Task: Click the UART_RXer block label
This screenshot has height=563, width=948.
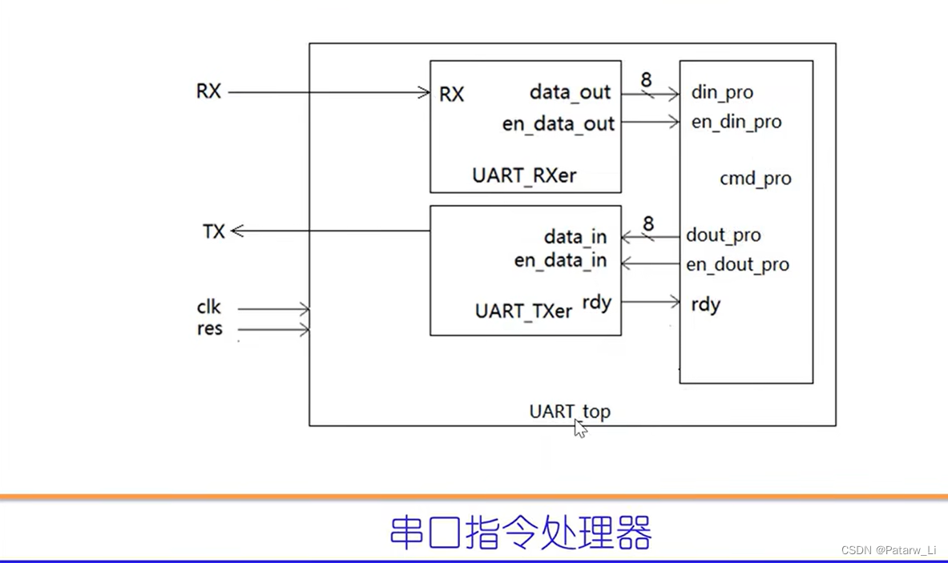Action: click(x=524, y=175)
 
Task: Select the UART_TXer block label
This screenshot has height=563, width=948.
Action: click(x=523, y=311)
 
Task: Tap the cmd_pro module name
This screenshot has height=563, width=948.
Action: click(x=755, y=179)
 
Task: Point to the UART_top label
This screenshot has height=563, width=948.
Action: click(x=569, y=412)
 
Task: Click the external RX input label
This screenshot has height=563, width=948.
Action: click(x=208, y=91)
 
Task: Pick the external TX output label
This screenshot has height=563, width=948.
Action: click(x=214, y=232)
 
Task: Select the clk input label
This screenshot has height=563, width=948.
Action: click(x=209, y=308)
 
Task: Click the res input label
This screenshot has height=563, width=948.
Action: click(x=209, y=329)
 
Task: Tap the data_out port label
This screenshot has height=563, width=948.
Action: click(x=570, y=93)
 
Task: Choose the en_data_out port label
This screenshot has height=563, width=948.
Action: click(x=558, y=124)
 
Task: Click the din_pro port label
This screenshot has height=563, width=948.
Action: click(x=722, y=93)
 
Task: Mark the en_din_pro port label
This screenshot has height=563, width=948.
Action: click(x=736, y=123)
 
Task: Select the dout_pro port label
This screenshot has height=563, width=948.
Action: click(x=723, y=235)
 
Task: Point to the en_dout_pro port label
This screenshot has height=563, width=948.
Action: click(x=737, y=265)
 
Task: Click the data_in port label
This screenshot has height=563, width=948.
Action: click(x=575, y=237)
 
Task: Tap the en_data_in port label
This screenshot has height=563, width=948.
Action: click(x=560, y=261)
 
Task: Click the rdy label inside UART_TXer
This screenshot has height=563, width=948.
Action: click(x=597, y=303)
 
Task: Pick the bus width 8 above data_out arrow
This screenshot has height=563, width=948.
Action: click(x=646, y=80)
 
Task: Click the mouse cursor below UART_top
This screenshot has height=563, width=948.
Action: click(x=580, y=428)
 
